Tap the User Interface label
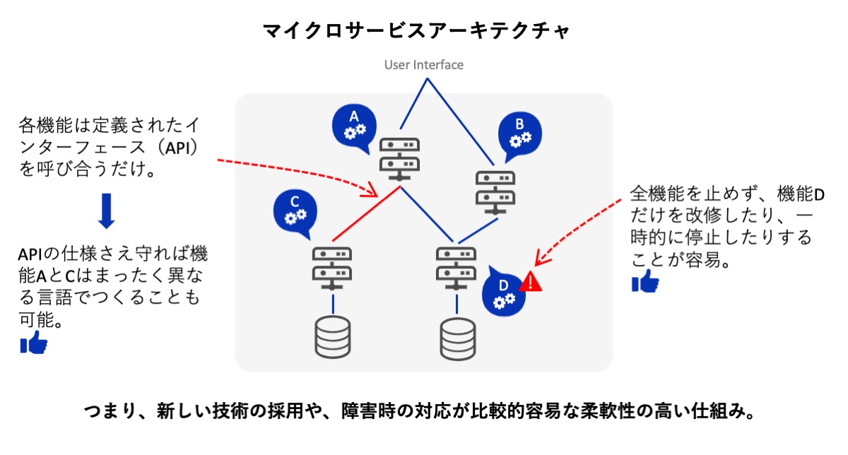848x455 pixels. point(424,65)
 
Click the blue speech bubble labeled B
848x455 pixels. point(519,134)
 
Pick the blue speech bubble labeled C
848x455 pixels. point(295,211)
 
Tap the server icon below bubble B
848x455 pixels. point(495,191)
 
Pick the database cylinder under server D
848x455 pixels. point(457,339)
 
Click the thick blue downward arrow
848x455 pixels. point(106,211)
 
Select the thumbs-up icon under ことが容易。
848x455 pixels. point(644,283)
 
